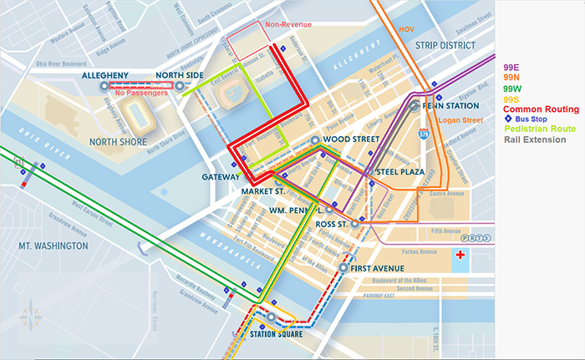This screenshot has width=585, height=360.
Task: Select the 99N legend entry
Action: [x=512, y=78]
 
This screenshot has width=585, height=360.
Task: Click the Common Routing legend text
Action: [x=540, y=109]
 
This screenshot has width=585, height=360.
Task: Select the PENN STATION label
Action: [x=451, y=106]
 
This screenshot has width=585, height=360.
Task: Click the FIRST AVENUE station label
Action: [x=377, y=268]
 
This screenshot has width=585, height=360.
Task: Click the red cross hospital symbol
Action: [x=458, y=254]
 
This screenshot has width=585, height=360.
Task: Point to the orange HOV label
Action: [x=406, y=29]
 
